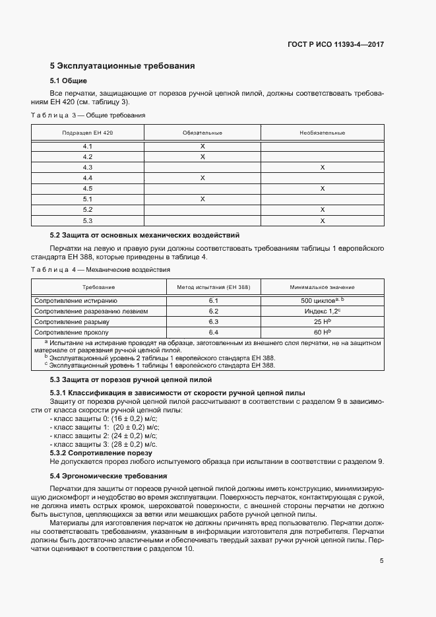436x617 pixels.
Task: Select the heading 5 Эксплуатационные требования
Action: pyautogui.click(x=122, y=66)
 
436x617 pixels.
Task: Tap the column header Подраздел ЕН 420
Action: pyautogui.click(x=88, y=133)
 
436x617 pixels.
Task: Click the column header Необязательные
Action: pyautogui.click(x=322, y=133)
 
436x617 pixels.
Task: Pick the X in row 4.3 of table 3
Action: pyautogui.click(x=322, y=168)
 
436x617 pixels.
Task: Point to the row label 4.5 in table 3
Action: pyautogui.click(x=88, y=189)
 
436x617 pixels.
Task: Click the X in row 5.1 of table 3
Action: pyautogui.click(x=202, y=199)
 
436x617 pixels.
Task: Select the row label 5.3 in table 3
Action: pyautogui.click(x=88, y=220)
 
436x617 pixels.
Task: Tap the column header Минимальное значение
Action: pyautogui.click(x=322, y=288)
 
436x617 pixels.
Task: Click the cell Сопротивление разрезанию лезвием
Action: pyautogui.click(x=91, y=311)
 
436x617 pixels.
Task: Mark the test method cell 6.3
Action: pyautogui.click(x=213, y=322)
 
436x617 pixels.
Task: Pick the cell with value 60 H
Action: pyautogui.click(x=322, y=333)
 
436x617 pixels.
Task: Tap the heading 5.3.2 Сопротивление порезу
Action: pyautogui.click(x=101, y=453)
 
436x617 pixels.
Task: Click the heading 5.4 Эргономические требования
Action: pyautogui.click(x=108, y=476)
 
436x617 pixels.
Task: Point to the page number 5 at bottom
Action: pyautogui.click(x=381, y=562)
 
